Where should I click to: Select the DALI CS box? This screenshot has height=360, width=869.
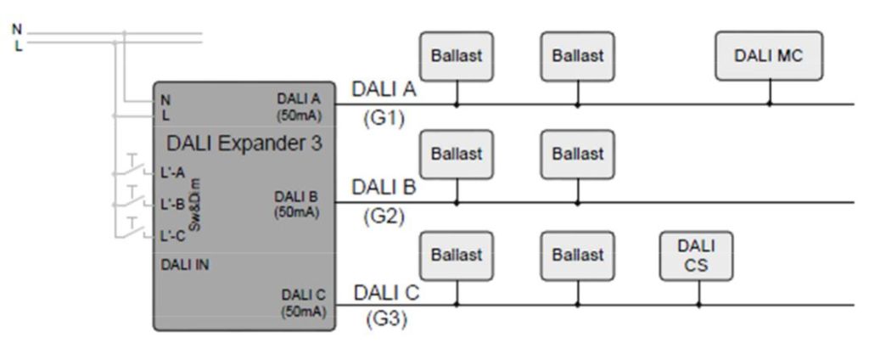(x=697, y=255)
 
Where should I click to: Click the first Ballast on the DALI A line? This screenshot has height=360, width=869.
(x=457, y=56)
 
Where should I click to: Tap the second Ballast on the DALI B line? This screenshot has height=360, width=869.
(x=577, y=155)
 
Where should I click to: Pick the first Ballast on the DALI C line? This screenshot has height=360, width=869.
(x=457, y=255)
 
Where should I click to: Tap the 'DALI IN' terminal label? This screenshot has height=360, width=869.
(x=185, y=264)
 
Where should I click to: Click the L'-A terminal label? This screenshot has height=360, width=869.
(x=172, y=172)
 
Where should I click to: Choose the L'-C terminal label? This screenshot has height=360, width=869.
(x=172, y=236)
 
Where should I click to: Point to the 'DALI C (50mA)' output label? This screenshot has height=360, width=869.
(x=303, y=303)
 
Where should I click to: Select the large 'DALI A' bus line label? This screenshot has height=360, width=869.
(x=384, y=88)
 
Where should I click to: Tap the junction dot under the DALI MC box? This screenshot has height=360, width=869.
(x=770, y=104)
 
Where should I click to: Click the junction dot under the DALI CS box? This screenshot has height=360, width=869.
(x=698, y=305)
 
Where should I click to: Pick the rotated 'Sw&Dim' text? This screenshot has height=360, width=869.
(x=197, y=204)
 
